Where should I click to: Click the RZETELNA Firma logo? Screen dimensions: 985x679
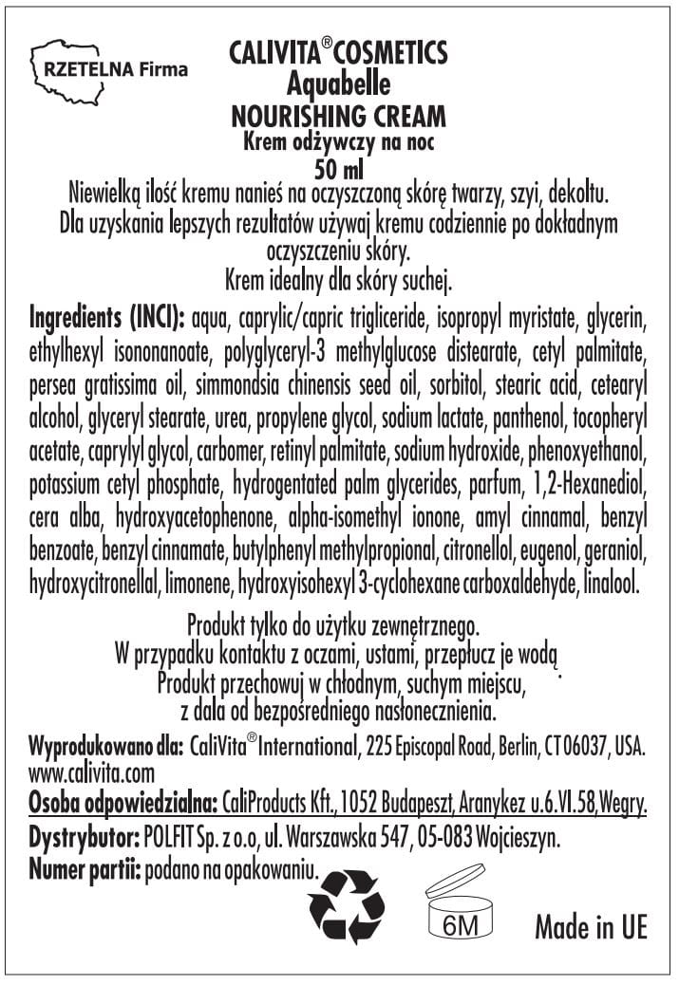(109, 68)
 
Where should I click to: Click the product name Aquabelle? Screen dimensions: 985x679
(338, 84)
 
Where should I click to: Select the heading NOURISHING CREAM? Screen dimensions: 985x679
(338, 117)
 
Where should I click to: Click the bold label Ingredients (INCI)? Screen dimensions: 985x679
(109, 314)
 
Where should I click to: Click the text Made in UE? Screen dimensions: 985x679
(591, 927)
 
